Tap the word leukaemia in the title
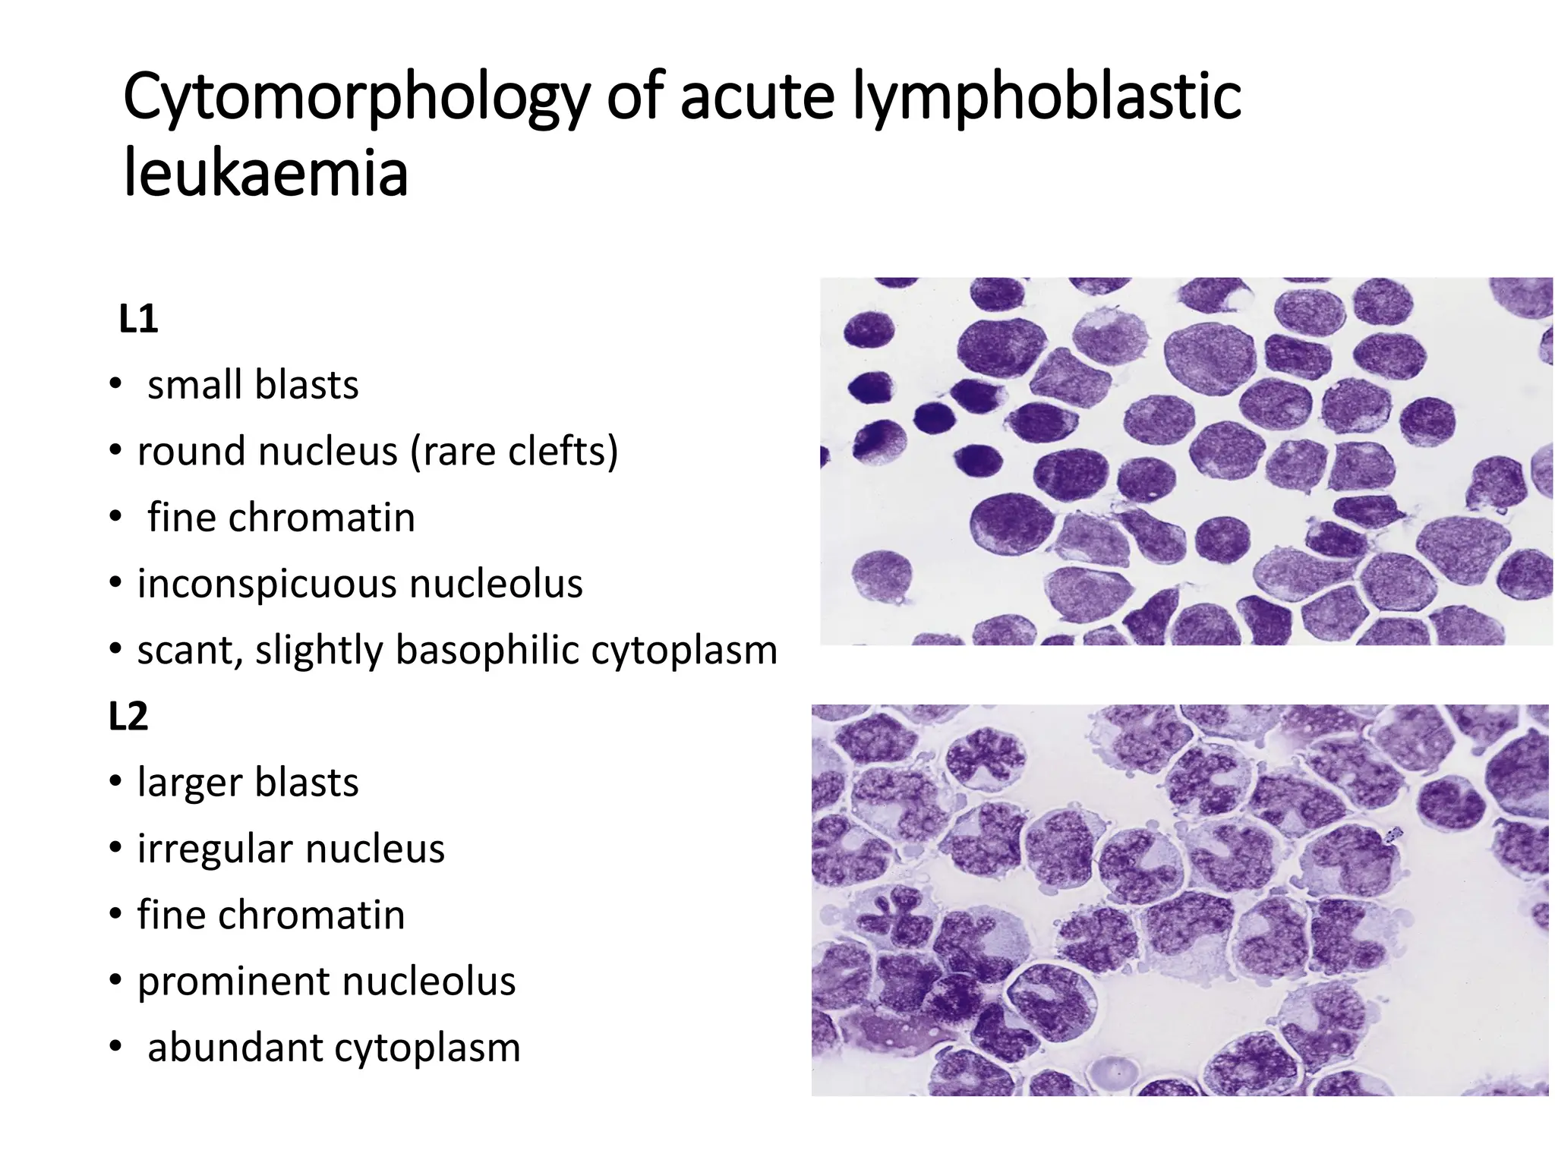click(266, 173)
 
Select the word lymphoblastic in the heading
click(1047, 97)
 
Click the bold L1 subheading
click(138, 320)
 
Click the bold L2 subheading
click(128, 717)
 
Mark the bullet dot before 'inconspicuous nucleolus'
click(115, 583)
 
